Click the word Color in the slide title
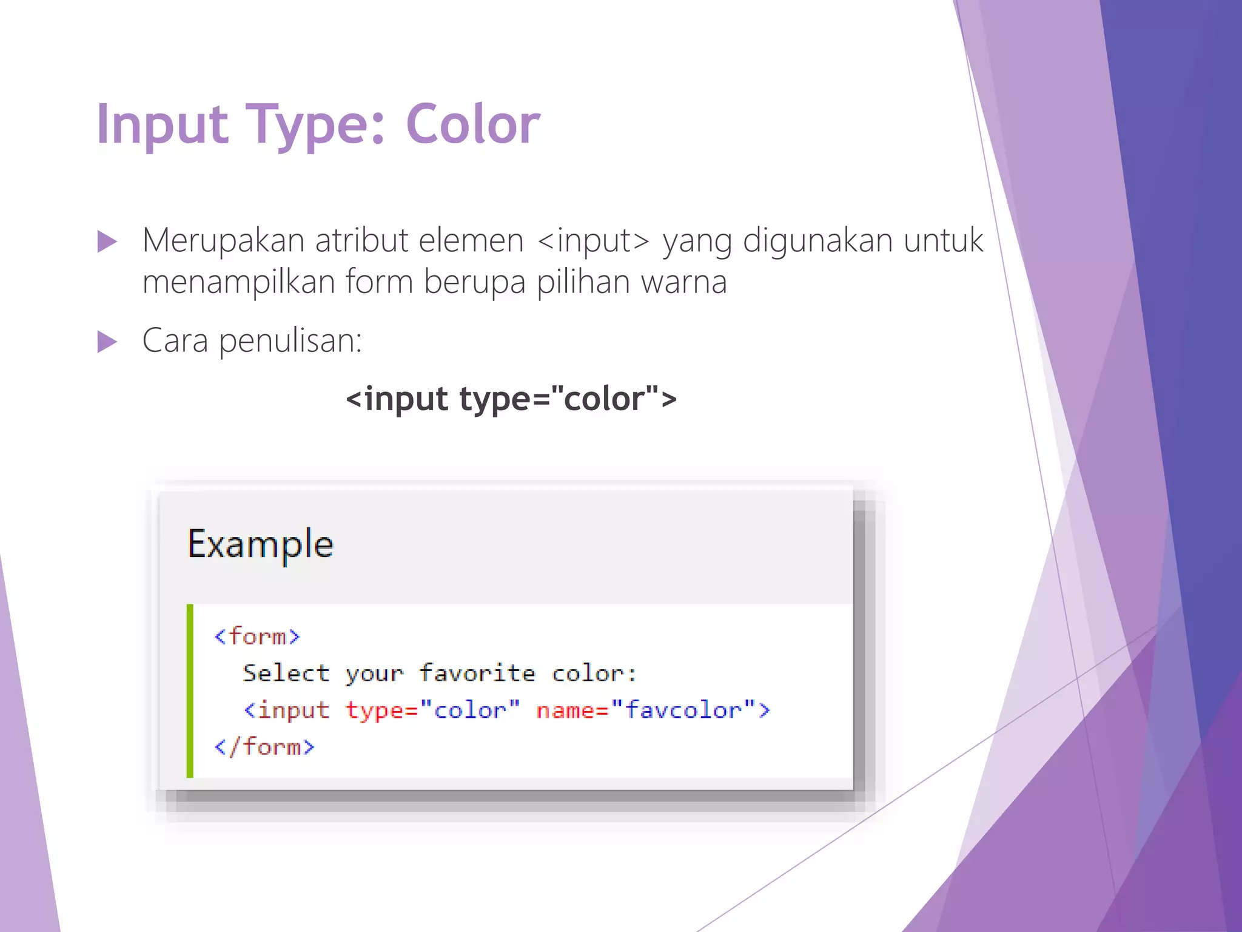[x=472, y=124]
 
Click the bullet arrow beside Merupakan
[x=107, y=241]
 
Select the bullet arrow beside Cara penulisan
[x=107, y=342]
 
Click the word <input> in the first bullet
[x=593, y=241]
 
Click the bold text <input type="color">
[x=511, y=399]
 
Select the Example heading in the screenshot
[x=260, y=544]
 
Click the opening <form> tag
[x=257, y=637]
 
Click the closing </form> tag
[x=264, y=747]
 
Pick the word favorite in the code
[x=477, y=674]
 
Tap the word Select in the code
[x=286, y=674]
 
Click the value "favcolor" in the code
[x=683, y=710]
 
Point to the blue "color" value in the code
[x=470, y=710]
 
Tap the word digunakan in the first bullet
[x=818, y=241]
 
